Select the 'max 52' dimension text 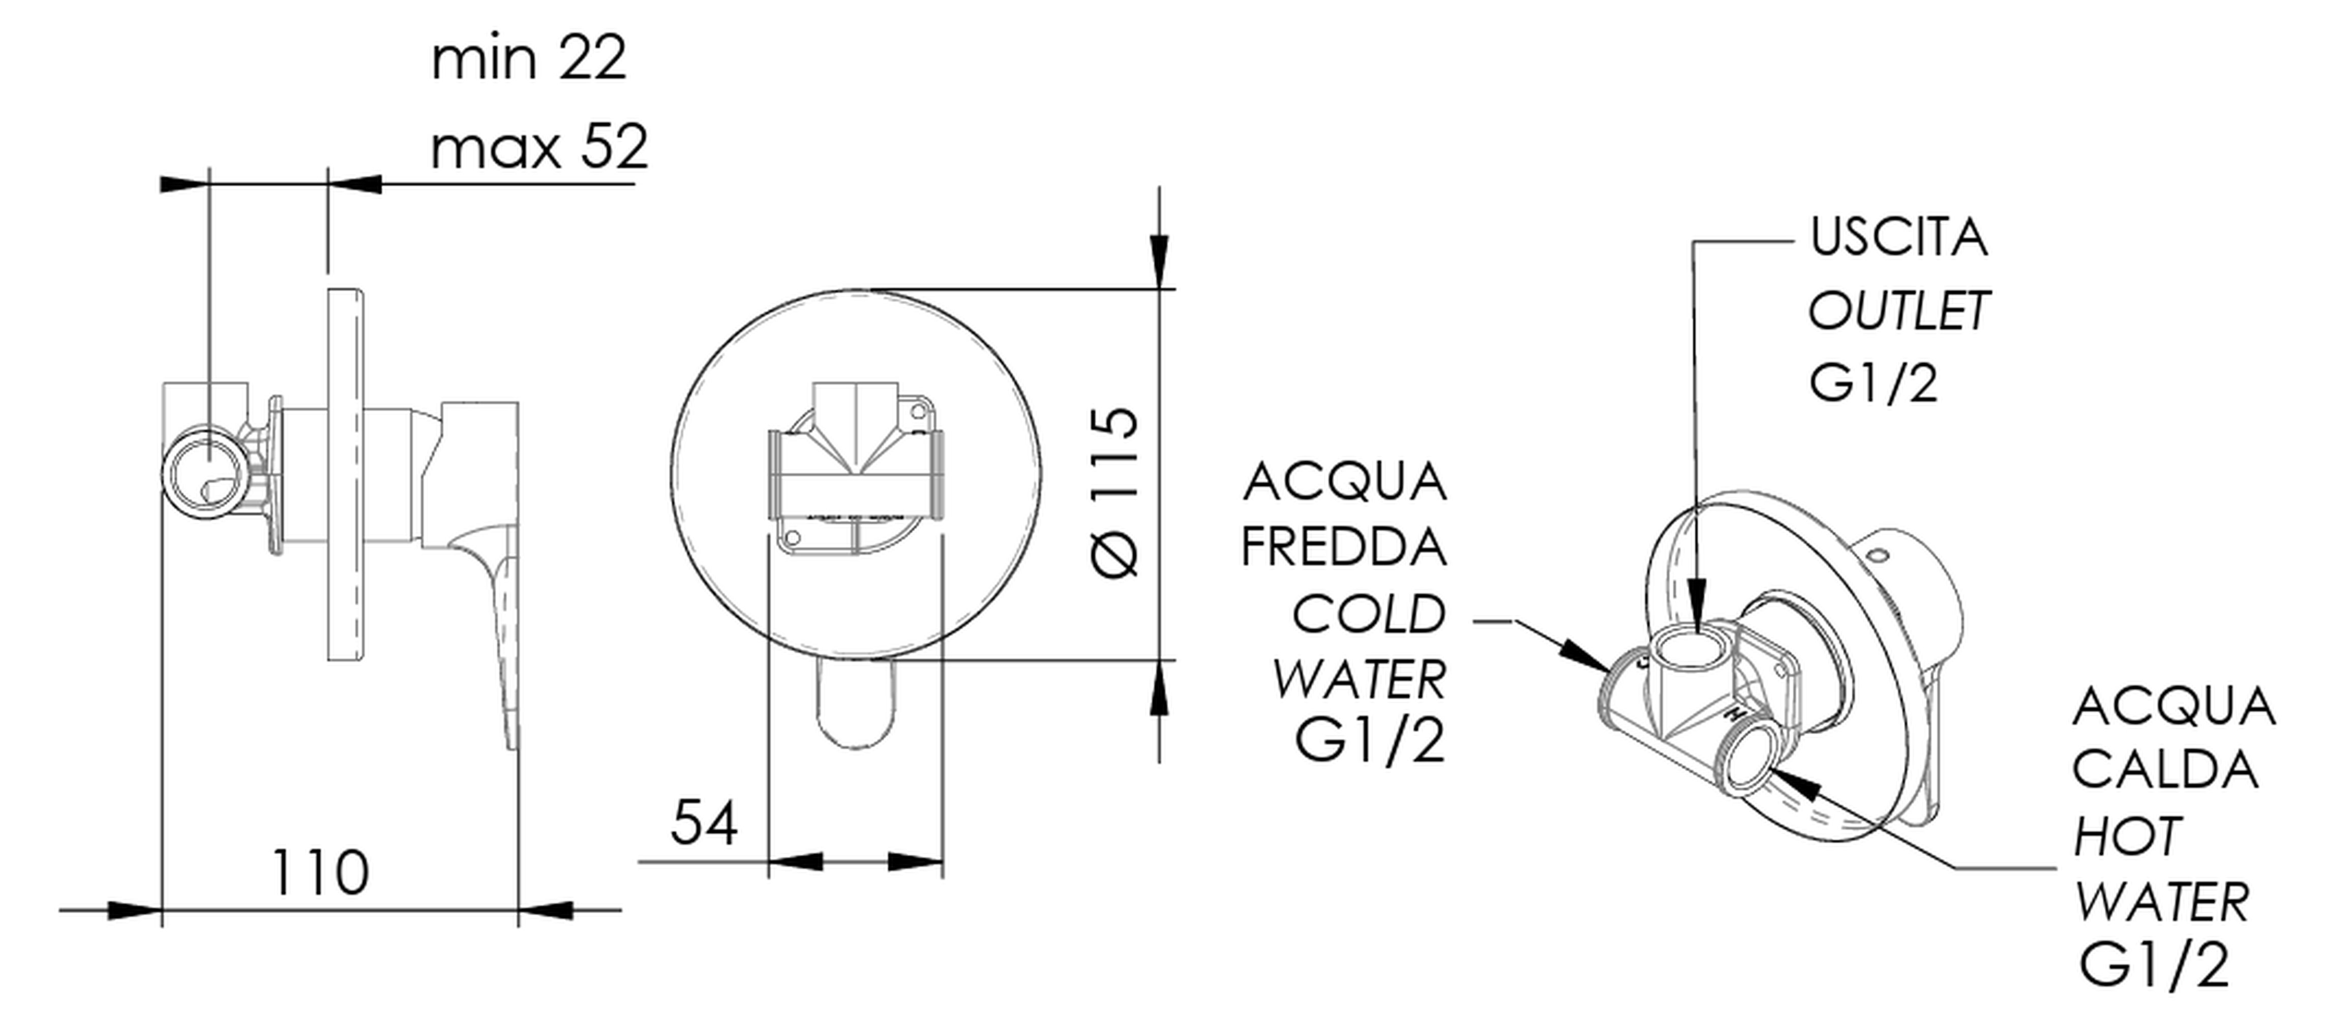tap(539, 147)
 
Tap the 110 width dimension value tap(320, 873)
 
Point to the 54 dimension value tap(704, 822)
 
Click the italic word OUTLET tap(1898, 311)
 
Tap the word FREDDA tap(1344, 546)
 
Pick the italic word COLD tap(1368, 614)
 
